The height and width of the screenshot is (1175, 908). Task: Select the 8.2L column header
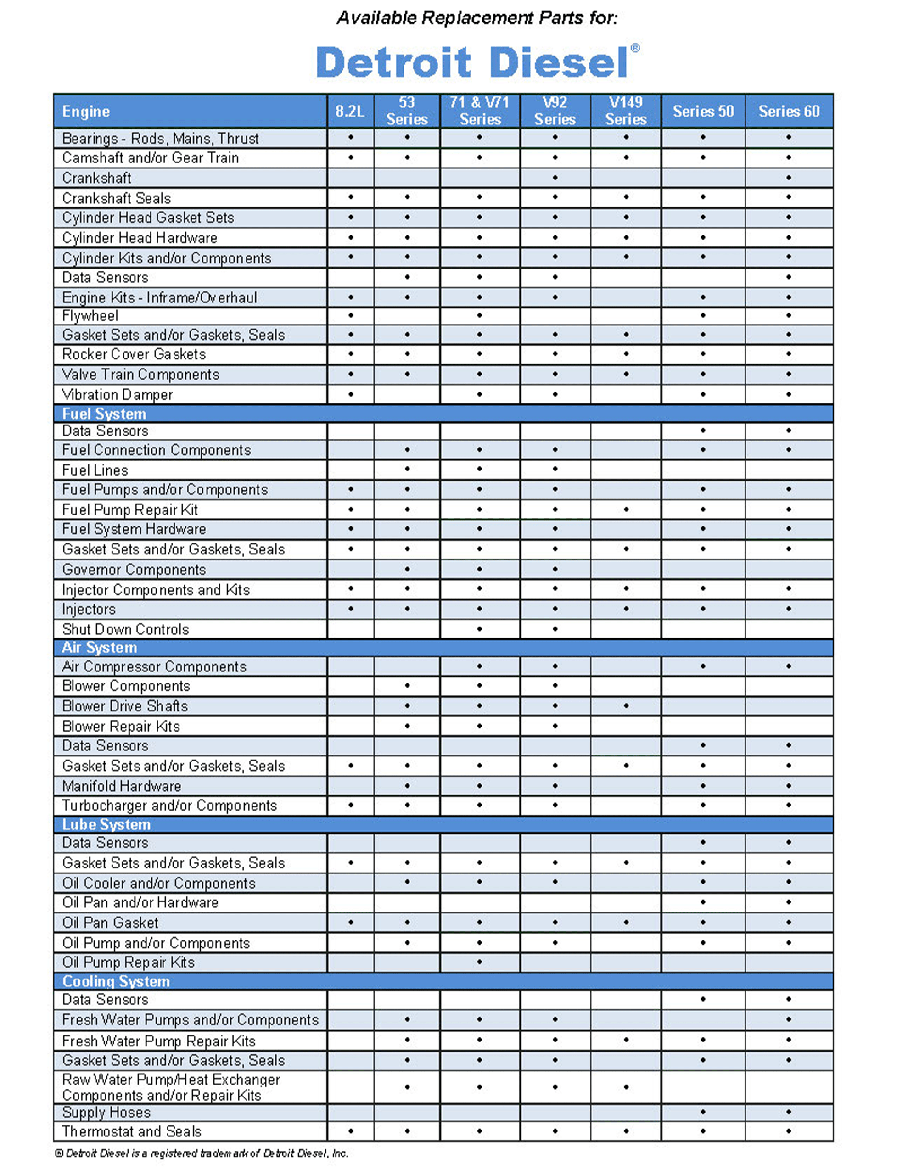[x=350, y=112]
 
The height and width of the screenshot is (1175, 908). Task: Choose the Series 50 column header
[x=703, y=112]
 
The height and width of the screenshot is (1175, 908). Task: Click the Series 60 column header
[x=789, y=112]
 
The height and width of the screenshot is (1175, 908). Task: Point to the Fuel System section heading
[x=104, y=414]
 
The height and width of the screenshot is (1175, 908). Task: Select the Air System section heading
[x=100, y=647]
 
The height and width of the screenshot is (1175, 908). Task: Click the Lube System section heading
[x=106, y=824]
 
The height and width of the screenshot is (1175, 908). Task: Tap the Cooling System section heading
[x=116, y=981]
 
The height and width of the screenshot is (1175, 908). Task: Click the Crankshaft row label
[x=97, y=178]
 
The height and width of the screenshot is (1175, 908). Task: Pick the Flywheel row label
[x=90, y=316]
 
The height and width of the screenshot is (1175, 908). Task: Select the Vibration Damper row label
[x=118, y=395]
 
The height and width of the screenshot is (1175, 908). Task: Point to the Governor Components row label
[x=134, y=569]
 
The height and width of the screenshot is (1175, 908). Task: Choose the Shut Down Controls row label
[x=125, y=629]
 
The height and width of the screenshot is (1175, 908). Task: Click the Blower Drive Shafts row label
[x=125, y=706]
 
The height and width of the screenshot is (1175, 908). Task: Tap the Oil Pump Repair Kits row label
[x=128, y=962]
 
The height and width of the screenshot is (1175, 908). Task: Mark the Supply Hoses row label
[x=106, y=1112]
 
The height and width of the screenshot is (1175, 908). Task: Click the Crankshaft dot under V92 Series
[x=555, y=178]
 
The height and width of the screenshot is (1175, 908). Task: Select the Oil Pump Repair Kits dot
[x=479, y=962]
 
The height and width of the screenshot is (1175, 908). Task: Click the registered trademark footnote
[x=202, y=1153]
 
